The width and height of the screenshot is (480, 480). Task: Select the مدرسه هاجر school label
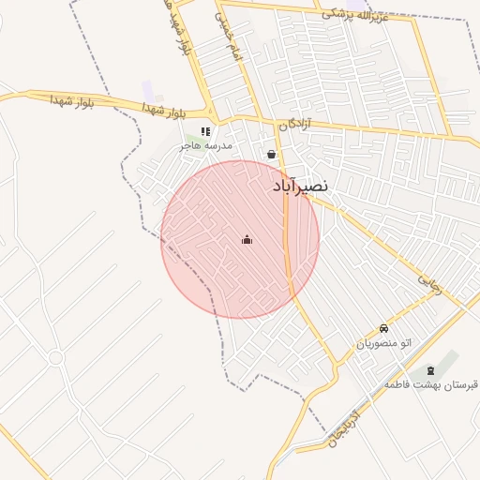coord(205,147)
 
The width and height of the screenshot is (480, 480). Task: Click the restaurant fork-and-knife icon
coord(205,131)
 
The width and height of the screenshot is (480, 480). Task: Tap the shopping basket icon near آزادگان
coord(272,154)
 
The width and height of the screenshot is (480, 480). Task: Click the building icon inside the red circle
coord(247,240)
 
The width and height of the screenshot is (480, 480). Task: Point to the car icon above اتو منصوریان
coord(384,329)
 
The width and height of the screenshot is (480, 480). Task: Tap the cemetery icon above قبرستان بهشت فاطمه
coord(429,370)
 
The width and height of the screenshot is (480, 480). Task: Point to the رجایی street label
coord(429,283)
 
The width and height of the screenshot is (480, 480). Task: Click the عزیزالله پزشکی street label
coord(353,14)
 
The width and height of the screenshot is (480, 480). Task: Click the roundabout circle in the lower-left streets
coord(55,357)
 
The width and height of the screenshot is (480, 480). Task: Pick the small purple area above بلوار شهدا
coord(149,90)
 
